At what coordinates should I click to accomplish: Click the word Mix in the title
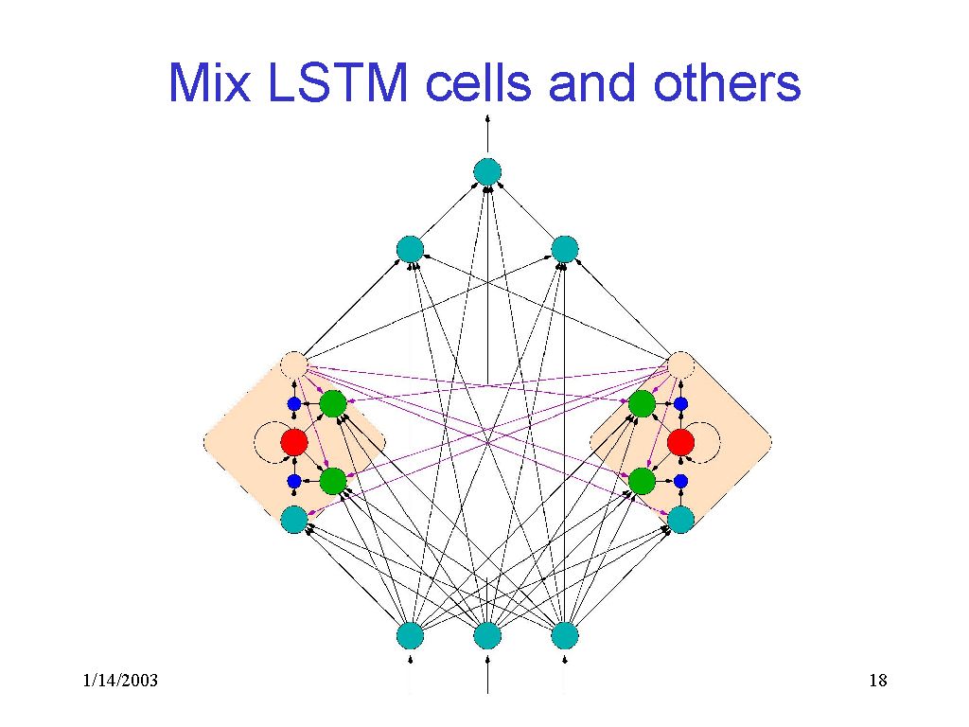210,83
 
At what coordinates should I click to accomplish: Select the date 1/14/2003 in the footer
119,682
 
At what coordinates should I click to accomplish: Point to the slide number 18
876,682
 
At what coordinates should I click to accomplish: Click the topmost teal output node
486,171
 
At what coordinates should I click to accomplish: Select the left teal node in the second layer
410,249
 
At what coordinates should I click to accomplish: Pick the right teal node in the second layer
564,249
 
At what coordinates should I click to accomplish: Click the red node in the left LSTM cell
294,442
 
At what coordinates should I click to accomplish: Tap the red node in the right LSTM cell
680,442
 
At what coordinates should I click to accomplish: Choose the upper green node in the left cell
332,403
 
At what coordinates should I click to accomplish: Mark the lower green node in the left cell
332,481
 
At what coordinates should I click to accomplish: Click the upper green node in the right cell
642,403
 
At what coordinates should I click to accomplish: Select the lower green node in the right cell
642,481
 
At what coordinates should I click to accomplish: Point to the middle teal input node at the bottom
486,635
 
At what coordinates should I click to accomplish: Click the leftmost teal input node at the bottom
410,635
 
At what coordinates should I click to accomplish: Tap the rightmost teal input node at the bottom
564,635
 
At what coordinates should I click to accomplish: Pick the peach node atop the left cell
294,364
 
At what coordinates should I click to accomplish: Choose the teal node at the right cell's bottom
680,519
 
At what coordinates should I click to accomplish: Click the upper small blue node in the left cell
294,403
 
